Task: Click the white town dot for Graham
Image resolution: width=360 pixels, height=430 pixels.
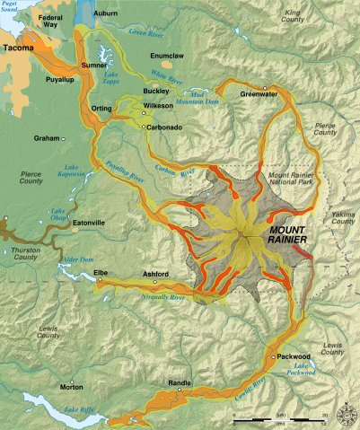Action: point(65,138)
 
